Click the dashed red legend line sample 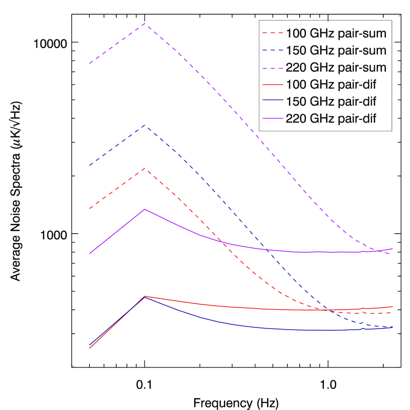tap(273, 33)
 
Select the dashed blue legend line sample tap(273, 50)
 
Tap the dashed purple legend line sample tap(273, 68)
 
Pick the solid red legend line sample tap(273, 85)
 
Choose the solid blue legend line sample tap(273, 100)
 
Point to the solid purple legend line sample tap(273, 118)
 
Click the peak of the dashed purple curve tap(146, 24)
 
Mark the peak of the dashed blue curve tap(146, 125)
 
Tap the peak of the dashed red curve tap(146, 168)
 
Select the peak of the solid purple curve tap(145, 209)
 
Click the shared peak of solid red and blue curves tap(145, 296)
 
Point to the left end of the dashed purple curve tap(90, 64)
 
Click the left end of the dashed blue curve tap(90, 166)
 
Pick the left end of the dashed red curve tap(90, 209)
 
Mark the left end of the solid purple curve tap(90, 254)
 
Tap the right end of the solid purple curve tap(393, 249)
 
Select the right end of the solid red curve tap(393, 306)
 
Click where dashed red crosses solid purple tap(222, 241)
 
